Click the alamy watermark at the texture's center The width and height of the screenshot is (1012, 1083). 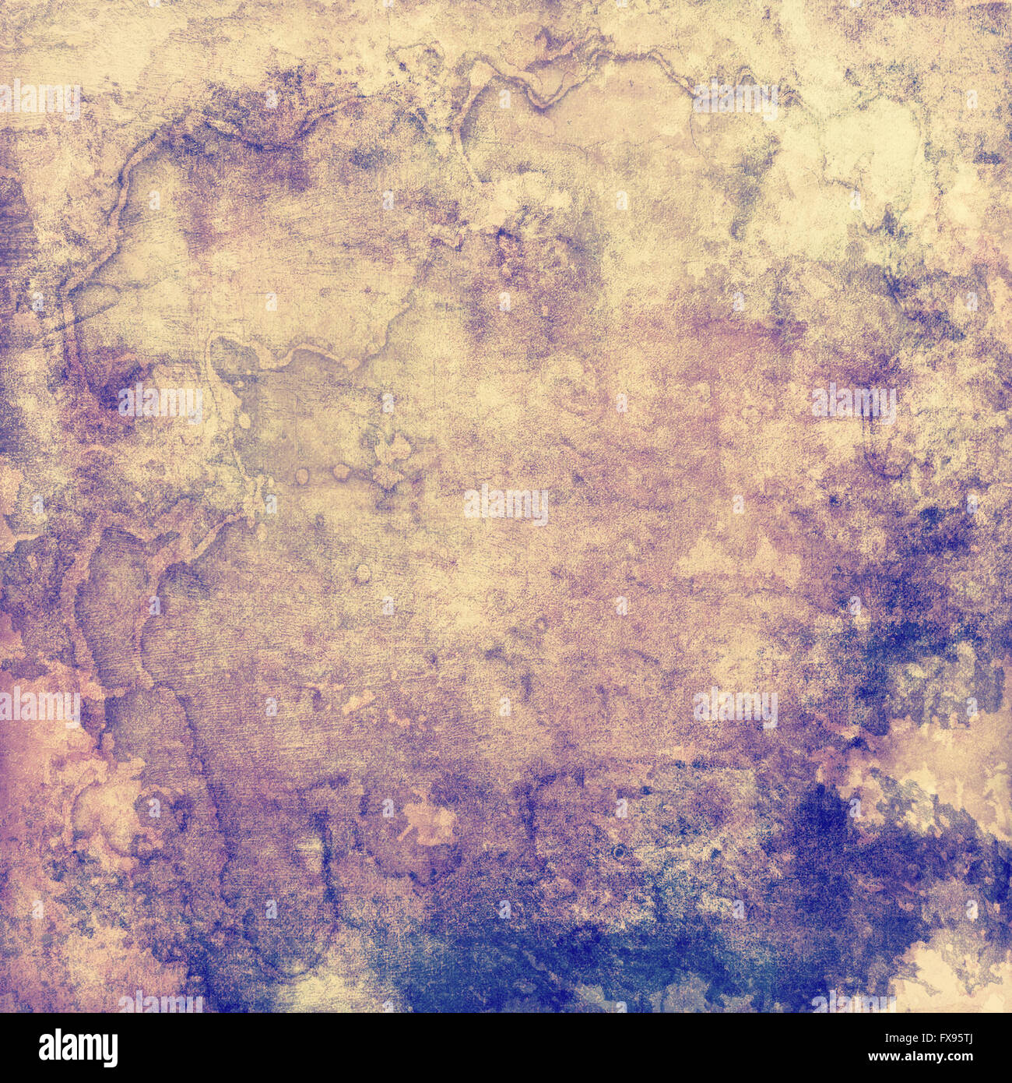pos(506,505)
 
